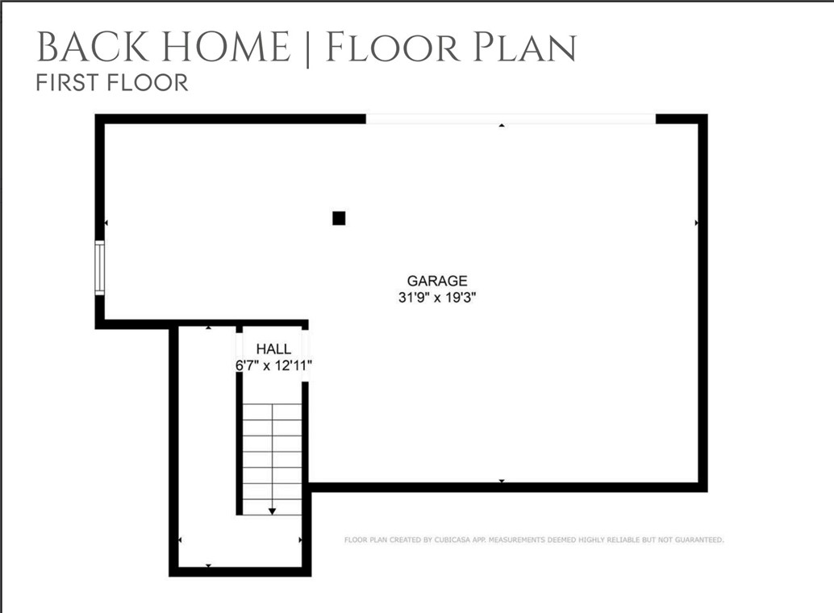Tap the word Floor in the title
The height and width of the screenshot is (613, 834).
(385, 48)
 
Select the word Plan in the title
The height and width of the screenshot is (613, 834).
(523, 48)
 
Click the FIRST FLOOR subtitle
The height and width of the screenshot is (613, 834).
(112, 82)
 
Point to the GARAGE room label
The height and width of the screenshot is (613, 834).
(436, 281)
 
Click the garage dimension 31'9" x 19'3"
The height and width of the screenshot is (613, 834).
(436, 297)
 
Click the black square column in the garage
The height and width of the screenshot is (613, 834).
(339, 218)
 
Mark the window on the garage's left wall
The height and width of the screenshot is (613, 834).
(100, 267)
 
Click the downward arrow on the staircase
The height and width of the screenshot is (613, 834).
(273, 510)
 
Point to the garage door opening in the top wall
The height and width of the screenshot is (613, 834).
(511, 119)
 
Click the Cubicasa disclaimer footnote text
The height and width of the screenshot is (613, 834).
(534, 540)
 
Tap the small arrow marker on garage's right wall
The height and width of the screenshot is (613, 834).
(696, 222)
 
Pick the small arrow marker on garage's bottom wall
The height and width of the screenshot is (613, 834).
(502, 481)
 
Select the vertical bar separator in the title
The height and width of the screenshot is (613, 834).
(307, 48)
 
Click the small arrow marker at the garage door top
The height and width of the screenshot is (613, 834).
(502, 126)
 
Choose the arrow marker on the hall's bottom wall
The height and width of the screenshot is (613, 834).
(209, 565)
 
